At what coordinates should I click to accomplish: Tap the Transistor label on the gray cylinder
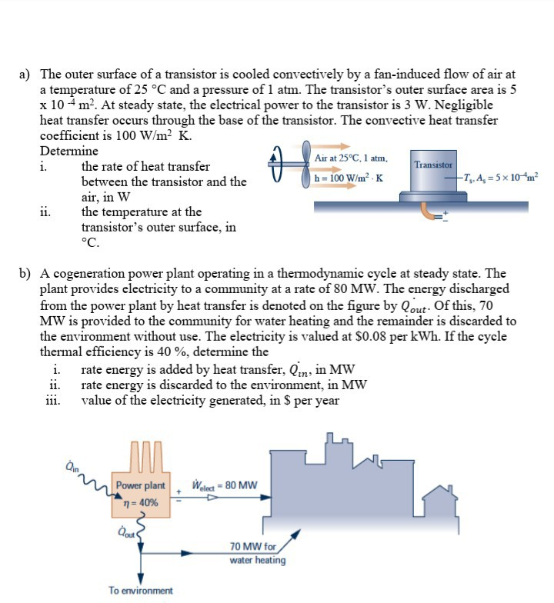[x=432, y=165]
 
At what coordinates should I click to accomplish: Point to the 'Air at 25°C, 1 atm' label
[x=351, y=158]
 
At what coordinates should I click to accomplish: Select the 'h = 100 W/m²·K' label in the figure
[x=349, y=178]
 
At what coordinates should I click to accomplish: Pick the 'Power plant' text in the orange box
[x=141, y=485]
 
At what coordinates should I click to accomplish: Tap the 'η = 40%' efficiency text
[x=141, y=502]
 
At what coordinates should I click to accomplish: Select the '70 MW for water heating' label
[x=257, y=553]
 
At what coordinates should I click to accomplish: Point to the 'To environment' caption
[x=141, y=590]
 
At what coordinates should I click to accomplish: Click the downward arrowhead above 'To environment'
[x=141, y=578]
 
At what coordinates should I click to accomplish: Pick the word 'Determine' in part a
[x=69, y=151]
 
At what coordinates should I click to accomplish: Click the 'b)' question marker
[x=25, y=273]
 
